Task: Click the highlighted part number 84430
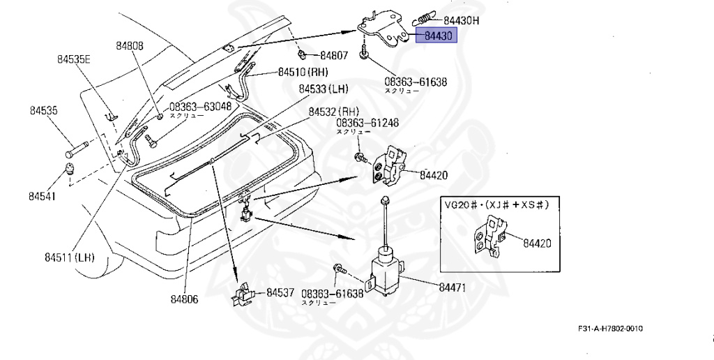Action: click(436, 36)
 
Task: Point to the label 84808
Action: click(129, 46)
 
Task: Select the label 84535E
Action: click(75, 60)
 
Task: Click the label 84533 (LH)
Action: click(324, 89)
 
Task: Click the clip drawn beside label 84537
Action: click(241, 294)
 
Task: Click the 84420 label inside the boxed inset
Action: click(538, 243)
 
